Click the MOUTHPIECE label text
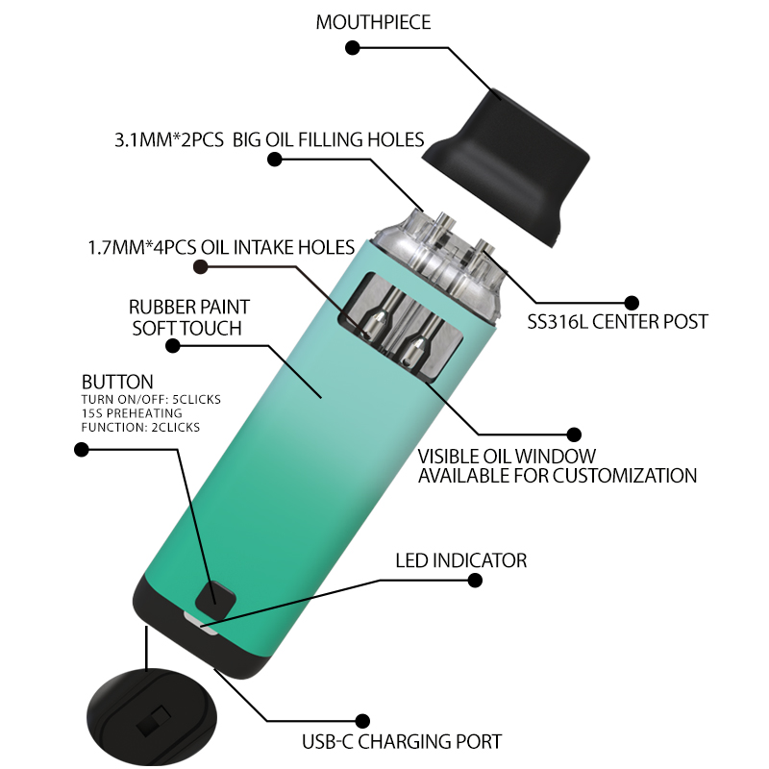pyautogui.click(x=373, y=22)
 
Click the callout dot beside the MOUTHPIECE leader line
pyautogui.click(x=352, y=48)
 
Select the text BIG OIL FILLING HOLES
pyautogui.click(x=328, y=139)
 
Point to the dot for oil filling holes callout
pyautogui.click(x=274, y=160)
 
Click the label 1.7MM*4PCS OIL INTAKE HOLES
pyautogui.click(x=221, y=247)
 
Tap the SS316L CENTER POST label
pyautogui.click(x=617, y=322)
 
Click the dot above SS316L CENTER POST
pyautogui.click(x=632, y=303)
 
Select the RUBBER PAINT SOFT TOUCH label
pyautogui.click(x=188, y=317)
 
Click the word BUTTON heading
pyautogui.click(x=117, y=382)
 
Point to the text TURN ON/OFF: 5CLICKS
pyautogui.click(x=151, y=399)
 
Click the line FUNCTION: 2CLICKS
pyautogui.click(x=140, y=427)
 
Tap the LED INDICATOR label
pyautogui.click(x=461, y=560)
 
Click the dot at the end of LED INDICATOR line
pyautogui.click(x=475, y=581)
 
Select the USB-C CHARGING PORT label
pyautogui.click(x=402, y=741)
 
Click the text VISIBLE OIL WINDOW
pyautogui.click(x=507, y=457)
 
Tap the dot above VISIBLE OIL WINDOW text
pyautogui.click(x=574, y=434)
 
